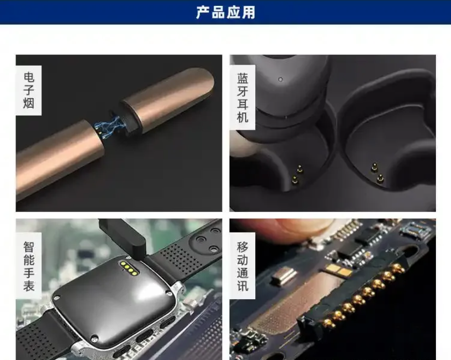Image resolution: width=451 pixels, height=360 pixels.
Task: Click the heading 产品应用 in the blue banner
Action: [226, 12]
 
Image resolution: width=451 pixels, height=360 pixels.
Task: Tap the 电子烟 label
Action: [29, 90]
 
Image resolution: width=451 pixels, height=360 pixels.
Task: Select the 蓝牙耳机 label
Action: [242, 97]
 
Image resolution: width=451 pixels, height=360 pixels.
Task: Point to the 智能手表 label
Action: [29, 266]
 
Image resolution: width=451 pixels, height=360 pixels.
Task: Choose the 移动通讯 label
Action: [242, 266]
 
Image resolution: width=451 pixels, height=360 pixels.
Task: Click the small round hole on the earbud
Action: [281, 79]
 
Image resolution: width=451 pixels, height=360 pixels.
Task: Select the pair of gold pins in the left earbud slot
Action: [297, 174]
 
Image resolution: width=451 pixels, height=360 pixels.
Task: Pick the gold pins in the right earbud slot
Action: [377, 172]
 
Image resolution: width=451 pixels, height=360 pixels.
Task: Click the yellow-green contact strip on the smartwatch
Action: [129, 267]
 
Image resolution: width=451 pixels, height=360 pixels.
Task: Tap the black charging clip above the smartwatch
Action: [123, 236]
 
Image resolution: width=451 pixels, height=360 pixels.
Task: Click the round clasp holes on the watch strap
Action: [207, 240]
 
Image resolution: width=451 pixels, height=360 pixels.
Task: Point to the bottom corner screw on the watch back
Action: [94, 338]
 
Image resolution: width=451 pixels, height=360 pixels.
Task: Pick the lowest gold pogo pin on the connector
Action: [328, 322]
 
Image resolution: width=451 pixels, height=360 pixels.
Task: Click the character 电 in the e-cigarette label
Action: [29, 77]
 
